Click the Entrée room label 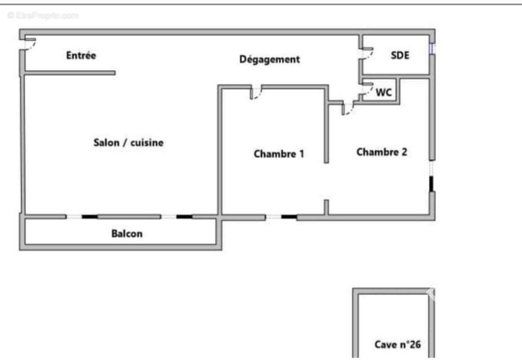click(x=81, y=55)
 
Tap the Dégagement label click(x=270, y=59)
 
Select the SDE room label click(x=400, y=55)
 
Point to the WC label click(x=383, y=92)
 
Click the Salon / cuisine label click(x=129, y=143)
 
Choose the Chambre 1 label click(x=279, y=154)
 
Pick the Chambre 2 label click(x=382, y=152)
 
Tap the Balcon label click(x=127, y=234)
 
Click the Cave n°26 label click(x=397, y=344)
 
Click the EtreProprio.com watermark click(x=43, y=15)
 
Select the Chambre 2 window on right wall click(x=432, y=176)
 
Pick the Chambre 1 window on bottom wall click(x=281, y=217)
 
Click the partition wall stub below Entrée click(x=70, y=73)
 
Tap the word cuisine click(x=147, y=143)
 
